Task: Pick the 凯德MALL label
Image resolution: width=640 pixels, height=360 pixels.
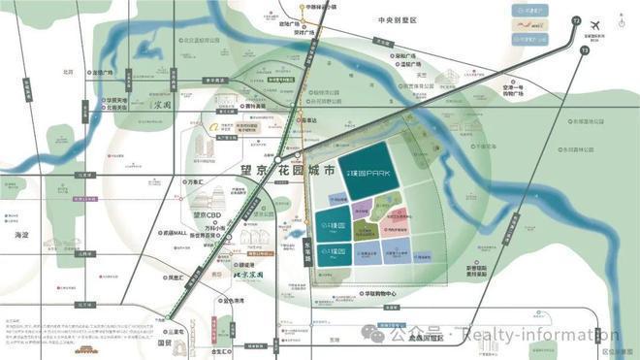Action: click(x=176, y=233)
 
